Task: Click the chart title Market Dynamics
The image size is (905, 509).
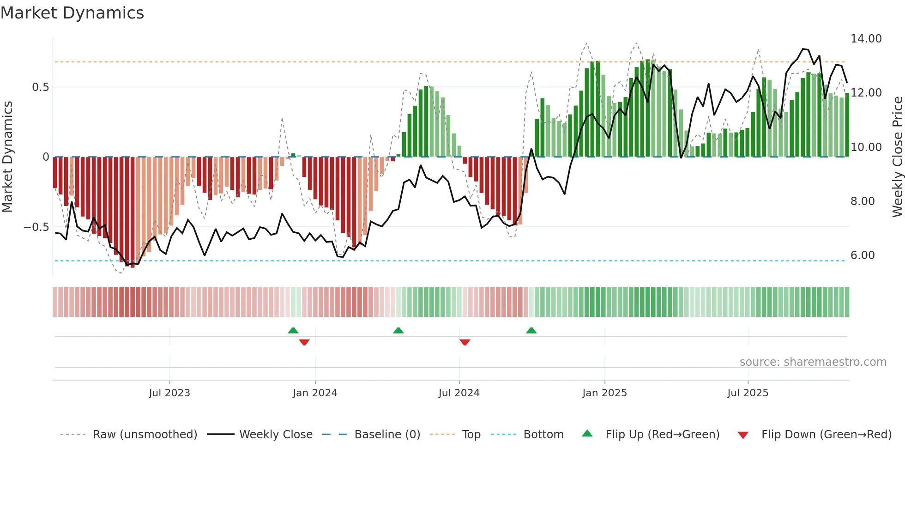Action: click(72, 13)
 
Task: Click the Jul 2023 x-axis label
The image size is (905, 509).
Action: click(169, 393)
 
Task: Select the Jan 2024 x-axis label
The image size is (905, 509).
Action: click(315, 393)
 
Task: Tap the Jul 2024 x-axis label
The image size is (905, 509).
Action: click(459, 393)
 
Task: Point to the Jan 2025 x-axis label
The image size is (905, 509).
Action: click(604, 393)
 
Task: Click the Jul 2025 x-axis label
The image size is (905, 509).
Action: click(748, 393)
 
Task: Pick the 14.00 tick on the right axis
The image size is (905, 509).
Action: click(866, 39)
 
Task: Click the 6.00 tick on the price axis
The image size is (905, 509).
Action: click(863, 255)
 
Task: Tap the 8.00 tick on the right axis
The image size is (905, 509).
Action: click(863, 201)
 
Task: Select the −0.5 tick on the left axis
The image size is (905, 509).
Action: click(36, 227)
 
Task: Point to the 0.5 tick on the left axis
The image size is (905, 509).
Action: click(40, 87)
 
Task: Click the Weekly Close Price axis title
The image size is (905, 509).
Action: click(897, 157)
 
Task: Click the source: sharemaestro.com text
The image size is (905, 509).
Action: click(813, 362)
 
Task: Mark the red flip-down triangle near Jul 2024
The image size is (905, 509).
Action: click(465, 342)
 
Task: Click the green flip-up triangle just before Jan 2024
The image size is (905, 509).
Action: click(293, 330)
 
